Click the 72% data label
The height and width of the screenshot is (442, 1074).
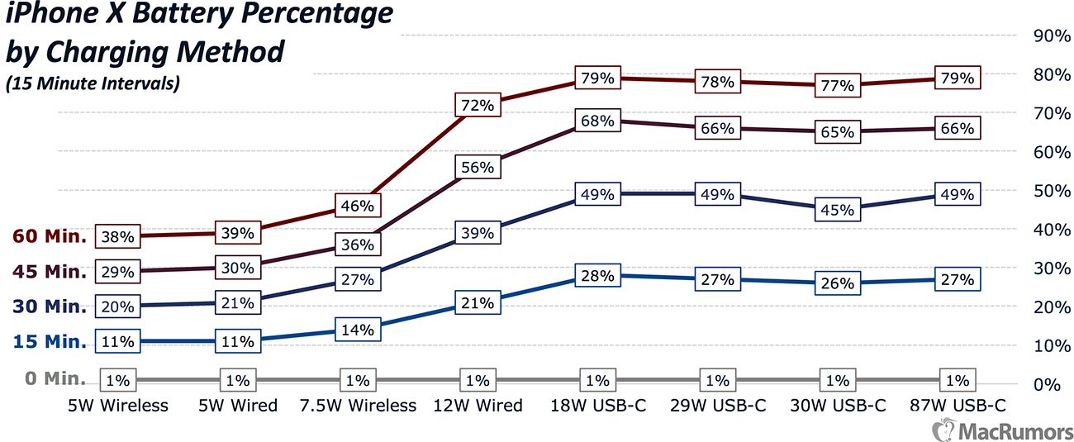pos(478,105)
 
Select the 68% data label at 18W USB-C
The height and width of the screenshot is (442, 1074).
pos(597,121)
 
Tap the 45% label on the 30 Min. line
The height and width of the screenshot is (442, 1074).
pos(837,210)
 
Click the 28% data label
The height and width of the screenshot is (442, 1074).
pos(597,276)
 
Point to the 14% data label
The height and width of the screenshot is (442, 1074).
pos(359,330)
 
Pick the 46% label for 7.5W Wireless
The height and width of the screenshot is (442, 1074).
pos(359,205)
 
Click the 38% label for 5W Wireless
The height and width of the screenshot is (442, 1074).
pos(118,236)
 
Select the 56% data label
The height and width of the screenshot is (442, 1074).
pos(478,167)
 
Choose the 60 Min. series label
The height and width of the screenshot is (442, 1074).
pos(50,236)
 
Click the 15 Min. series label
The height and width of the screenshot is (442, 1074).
pos(50,341)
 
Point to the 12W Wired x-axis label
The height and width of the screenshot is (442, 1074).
pos(478,405)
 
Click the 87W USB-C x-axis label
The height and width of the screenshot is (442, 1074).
pos(957,405)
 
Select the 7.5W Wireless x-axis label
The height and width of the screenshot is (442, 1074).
pos(359,405)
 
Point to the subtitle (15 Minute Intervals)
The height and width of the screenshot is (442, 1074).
pos(93,83)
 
